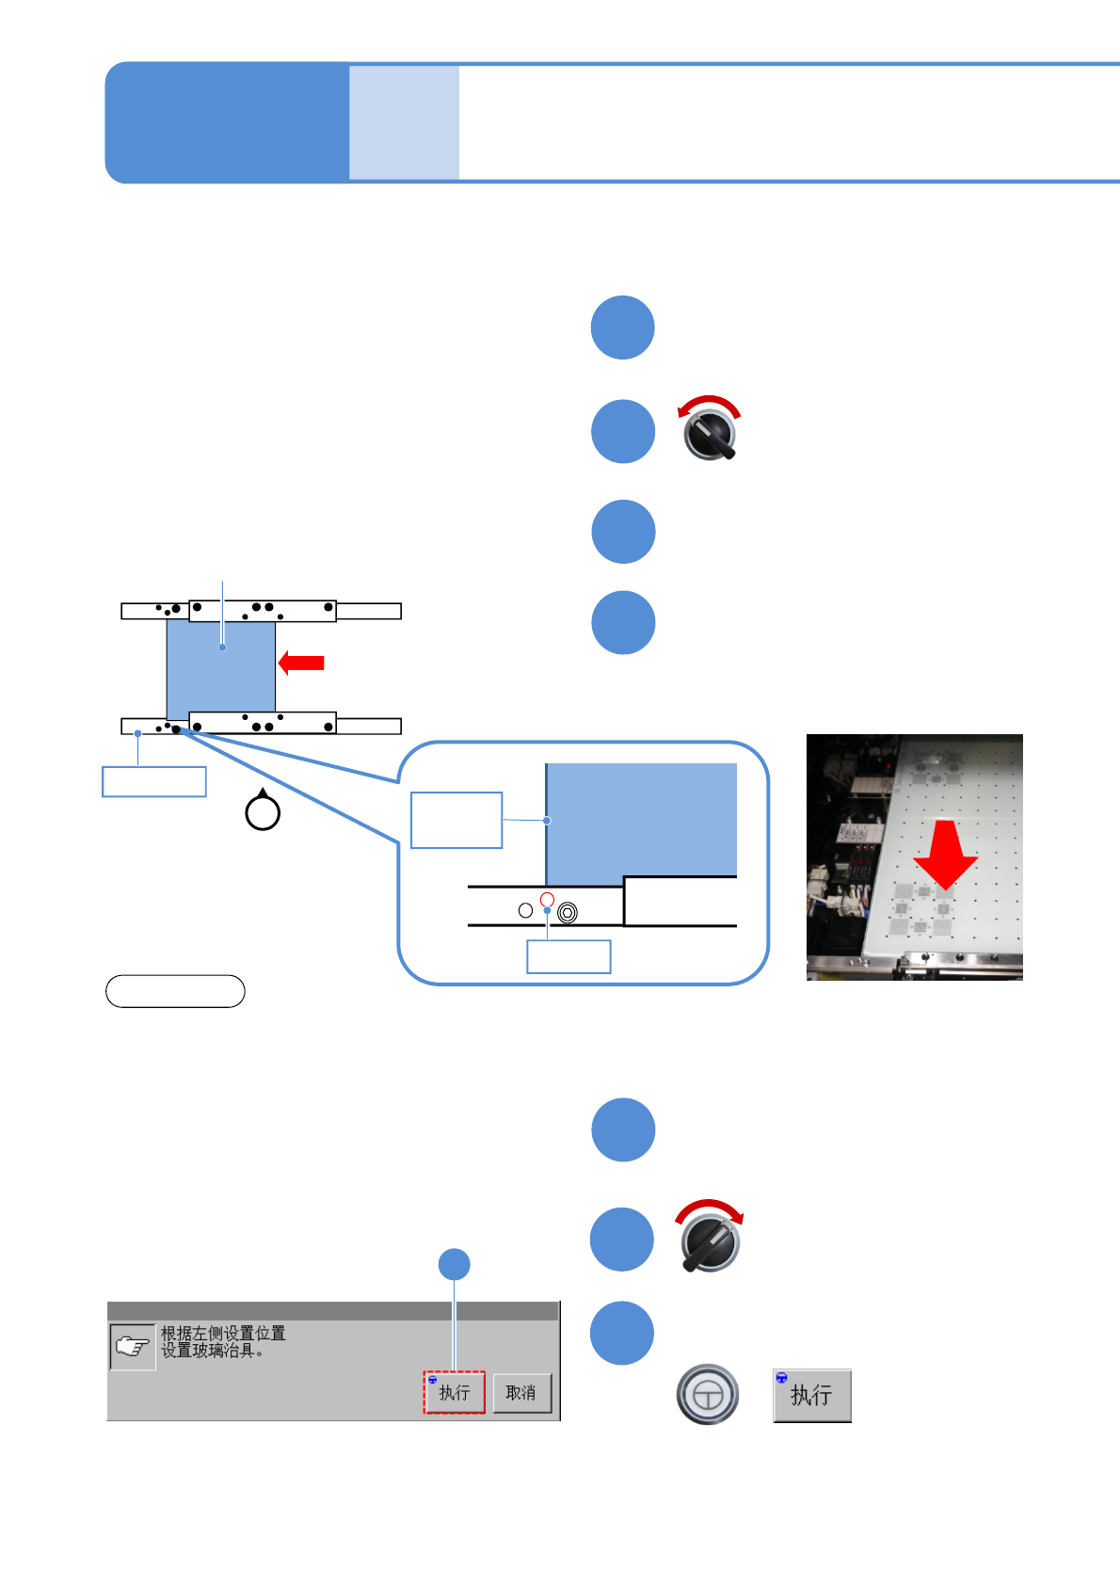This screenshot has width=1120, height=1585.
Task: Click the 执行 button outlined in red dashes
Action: tap(454, 1392)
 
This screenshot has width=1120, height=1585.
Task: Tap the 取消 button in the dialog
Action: tap(521, 1393)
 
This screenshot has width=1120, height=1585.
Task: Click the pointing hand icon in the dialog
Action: tap(132, 1347)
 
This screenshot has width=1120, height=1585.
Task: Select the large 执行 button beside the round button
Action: tap(811, 1395)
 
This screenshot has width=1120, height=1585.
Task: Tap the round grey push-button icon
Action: tap(708, 1394)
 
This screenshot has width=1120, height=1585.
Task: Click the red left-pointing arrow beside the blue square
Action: tap(301, 663)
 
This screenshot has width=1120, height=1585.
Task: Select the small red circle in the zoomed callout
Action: tap(547, 900)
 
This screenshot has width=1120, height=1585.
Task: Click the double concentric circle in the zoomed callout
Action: tap(567, 912)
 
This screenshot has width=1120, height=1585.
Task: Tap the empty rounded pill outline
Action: tap(175, 991)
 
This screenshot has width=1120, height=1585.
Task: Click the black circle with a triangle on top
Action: tap(263, 811)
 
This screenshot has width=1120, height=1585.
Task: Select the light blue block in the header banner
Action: tap(404, 122)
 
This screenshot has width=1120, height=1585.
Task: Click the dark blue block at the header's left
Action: tap(226, 122)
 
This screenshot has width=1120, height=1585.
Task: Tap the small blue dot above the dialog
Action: tap(455, 1264)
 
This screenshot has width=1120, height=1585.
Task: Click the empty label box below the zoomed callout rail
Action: tap(568, 956)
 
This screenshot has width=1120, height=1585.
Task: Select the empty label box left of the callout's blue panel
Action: tap(456, 820)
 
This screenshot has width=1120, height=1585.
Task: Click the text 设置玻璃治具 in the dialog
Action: tap(212, 1351)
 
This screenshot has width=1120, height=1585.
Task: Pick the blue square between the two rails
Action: tap(221, 665)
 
